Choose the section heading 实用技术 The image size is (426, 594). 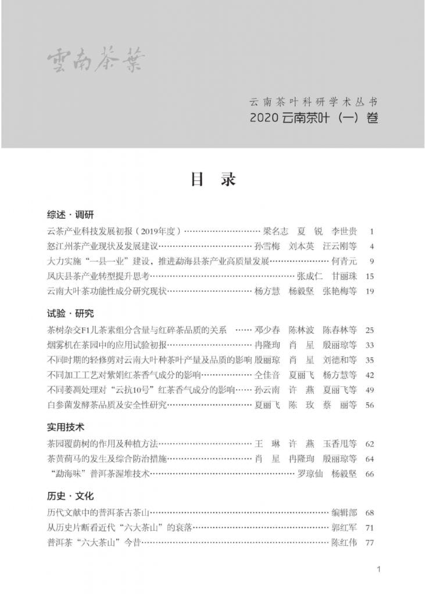(x=66, y=428)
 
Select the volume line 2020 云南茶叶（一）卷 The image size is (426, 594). (x=314, y=118)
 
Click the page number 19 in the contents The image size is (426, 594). (x=370, y=291)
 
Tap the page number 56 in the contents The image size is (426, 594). (x=370, y=405)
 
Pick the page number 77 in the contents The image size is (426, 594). (x=370, y=544)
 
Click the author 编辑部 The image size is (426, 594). (x=343, y=513)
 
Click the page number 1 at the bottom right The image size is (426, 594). (x=378, y=569)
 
